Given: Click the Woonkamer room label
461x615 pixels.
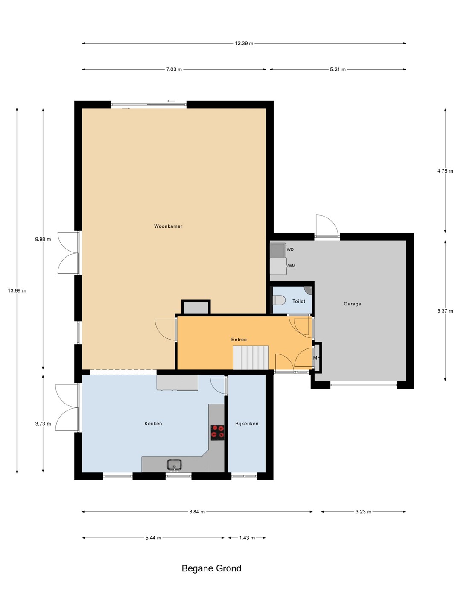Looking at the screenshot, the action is click(168, 226).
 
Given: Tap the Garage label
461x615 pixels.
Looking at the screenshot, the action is click(353, 304).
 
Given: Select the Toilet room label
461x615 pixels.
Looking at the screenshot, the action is click(299, 301).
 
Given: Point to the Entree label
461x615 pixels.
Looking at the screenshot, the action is click(239, 340).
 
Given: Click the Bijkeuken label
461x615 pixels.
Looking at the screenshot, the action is click(247, 424).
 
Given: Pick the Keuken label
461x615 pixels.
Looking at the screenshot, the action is click(153, 424).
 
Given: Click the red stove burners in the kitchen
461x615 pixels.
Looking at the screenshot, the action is click(218, 432).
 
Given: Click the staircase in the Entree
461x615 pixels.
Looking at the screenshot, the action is click(251, 357).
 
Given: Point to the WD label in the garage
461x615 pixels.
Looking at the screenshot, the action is click(290, 249).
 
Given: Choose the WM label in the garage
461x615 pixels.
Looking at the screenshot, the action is click(292, 266).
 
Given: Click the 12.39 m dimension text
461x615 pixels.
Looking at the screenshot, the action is click(244, 44).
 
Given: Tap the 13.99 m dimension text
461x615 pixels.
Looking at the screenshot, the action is click(17, 290).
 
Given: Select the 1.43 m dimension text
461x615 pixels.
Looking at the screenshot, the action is click(247, 538).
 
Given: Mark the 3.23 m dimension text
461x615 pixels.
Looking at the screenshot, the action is click(363, 512).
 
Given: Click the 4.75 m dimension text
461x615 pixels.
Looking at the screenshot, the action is click(445, 171).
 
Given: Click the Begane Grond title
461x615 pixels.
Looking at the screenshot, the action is click(211, 568).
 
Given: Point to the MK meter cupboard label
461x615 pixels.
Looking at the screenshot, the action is click(316, 358).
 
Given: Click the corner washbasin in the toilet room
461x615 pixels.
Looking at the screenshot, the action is click(309, 290).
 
